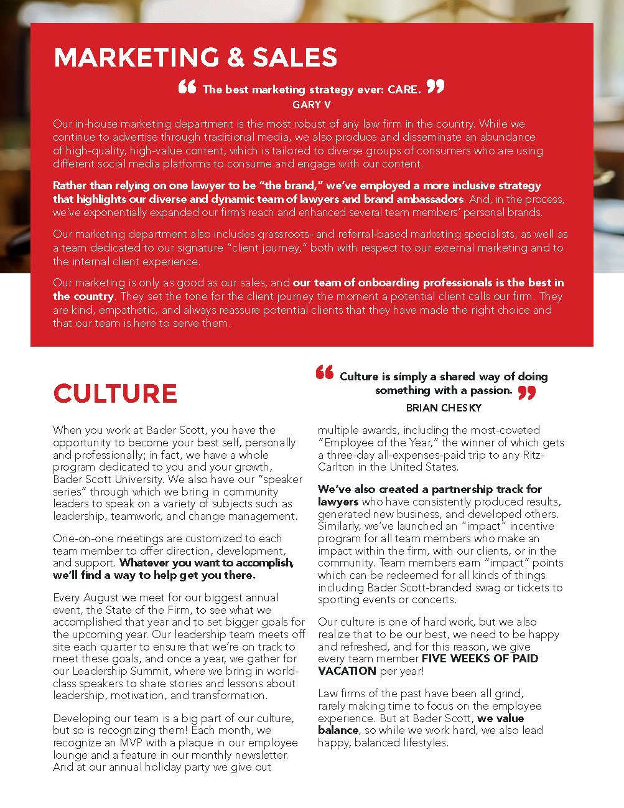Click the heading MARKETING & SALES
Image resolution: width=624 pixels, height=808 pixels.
pos(195,58)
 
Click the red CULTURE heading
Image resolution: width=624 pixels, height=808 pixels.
pos(115,394)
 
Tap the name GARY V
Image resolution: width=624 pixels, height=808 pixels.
pos(312,105)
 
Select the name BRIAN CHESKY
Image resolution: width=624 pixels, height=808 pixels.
pos(444,408)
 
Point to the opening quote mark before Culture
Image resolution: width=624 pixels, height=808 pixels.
pos(325,373)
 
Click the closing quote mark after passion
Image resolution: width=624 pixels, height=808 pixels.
pos(526,393)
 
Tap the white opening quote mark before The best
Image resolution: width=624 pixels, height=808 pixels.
pos(187,87)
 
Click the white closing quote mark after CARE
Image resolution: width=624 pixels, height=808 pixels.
pos(435,87)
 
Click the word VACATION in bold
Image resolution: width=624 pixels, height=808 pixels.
pos(347,671)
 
